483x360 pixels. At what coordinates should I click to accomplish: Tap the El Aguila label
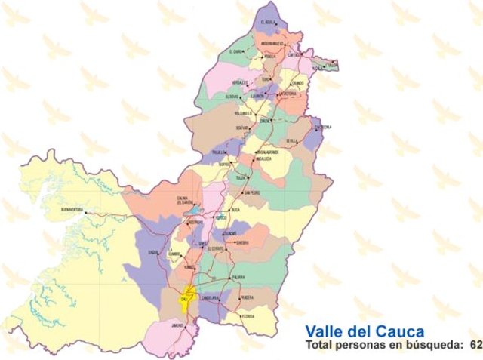point(269,23)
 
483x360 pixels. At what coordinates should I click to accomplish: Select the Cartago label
point(295,54)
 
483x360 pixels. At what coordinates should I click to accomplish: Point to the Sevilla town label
point(292,141)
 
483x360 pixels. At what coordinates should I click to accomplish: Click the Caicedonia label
point(323,127)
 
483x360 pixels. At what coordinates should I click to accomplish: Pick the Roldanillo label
point(242,112)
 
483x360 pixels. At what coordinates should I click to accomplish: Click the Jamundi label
point(177,325)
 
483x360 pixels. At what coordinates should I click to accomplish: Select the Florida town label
point(248,317)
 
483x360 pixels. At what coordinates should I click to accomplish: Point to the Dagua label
point(154,252)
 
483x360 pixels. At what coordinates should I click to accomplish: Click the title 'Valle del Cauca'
point(365,331)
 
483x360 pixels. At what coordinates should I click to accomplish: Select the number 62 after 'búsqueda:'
point(475,345)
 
